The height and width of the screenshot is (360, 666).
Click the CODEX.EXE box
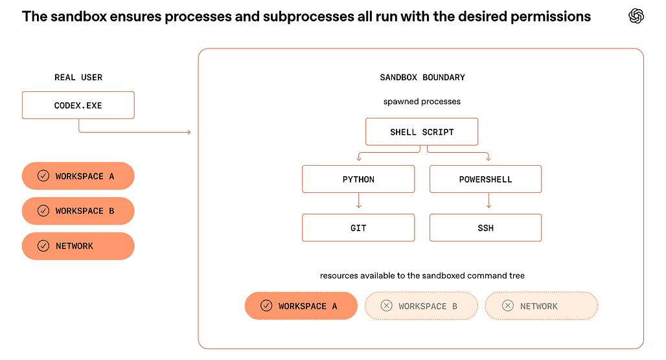[x=78, y=106]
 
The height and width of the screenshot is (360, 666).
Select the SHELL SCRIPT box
[x=422, y=131]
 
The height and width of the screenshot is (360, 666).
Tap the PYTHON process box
[x=358, y=179]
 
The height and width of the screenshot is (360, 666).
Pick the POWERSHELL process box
[x=485, y=179]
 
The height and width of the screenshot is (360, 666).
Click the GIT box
[x=358, y=227]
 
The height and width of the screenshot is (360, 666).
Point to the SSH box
[x=485, y=227]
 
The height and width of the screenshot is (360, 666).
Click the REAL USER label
[x=78, y=77]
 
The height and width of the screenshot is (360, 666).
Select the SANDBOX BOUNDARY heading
[x=422, y=77]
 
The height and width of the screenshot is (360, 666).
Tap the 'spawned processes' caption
[x=422, y=102]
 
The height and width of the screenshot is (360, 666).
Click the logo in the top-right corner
[x=636, y=16]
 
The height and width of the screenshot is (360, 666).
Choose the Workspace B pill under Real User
[x=78, y=211]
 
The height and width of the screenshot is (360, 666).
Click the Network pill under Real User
[x=78, y=246]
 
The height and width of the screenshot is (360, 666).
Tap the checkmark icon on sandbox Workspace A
[x=266, y=306]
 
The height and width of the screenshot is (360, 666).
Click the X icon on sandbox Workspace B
[x=387, y=306]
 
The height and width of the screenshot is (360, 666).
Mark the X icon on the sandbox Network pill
[x=508, y=306]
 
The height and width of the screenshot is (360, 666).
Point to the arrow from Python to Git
[x=359, y=200]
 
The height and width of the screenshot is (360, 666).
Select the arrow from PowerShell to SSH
[x=488, y=200]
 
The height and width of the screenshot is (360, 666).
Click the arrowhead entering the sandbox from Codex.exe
[x=189, y=133]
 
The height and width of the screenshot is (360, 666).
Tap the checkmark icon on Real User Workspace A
[x=43, y=175]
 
